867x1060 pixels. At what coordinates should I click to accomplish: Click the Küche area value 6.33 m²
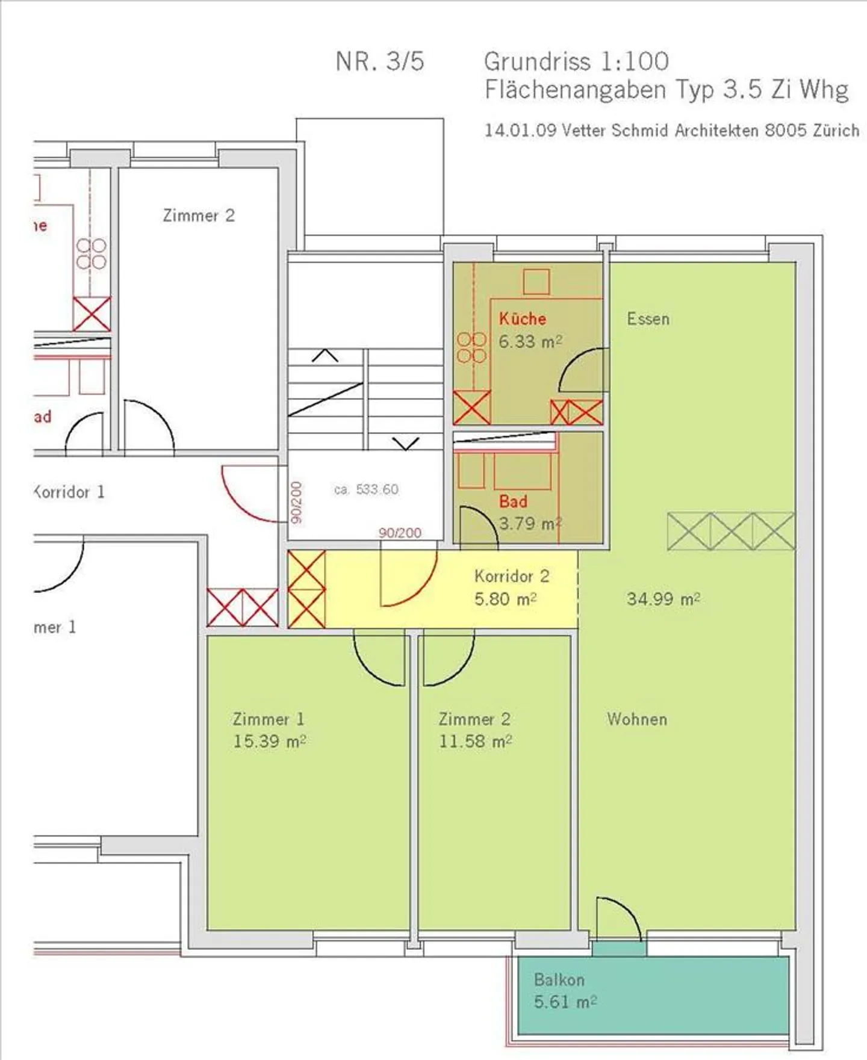pos(530,342)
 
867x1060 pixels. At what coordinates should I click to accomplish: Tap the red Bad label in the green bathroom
pos(513,501)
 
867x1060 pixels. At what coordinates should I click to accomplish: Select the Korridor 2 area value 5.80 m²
pos(505,600)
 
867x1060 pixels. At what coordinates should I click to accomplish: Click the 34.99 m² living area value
pos(663,599)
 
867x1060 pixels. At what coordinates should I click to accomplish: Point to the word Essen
pos(648,318)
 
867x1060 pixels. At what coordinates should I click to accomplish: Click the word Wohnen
pos(637,719)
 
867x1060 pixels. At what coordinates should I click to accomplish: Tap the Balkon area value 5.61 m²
pos(565,1002)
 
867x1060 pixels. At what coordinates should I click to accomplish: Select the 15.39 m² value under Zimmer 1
pos(269,742)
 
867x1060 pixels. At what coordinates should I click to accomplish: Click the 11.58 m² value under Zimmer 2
pos(475,742)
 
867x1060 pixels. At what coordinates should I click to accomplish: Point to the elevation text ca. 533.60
pos(366,489)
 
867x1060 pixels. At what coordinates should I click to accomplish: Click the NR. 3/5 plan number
pos(380,61)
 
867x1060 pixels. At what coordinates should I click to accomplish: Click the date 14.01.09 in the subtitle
pos(520,130)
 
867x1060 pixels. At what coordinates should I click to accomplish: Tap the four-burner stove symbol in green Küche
pos(472,348)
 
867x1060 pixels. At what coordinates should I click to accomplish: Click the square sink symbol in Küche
pos(536,282)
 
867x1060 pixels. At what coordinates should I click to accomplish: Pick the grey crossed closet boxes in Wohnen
pos(730,531)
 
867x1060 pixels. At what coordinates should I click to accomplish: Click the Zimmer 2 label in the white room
pos(199,215)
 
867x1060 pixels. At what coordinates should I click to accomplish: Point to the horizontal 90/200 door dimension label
pos(400,533)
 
